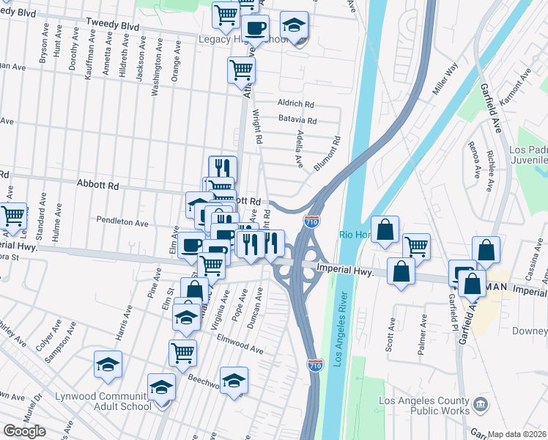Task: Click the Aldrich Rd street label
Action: pos(295,104)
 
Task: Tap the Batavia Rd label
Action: pos(297,120)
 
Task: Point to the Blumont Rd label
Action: pos(327,153)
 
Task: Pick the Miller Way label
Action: pos(445,77)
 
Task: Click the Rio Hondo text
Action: pos(356,235)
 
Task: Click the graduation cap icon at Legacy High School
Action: pos(295,27)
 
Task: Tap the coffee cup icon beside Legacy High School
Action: pos(256,29)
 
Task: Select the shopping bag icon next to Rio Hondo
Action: pos(385,230)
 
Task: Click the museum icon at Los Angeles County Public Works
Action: pos(481,403)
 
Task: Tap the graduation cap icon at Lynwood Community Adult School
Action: pos(162,387)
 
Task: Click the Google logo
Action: pos(24,431)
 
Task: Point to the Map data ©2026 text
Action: pos(518,434)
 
